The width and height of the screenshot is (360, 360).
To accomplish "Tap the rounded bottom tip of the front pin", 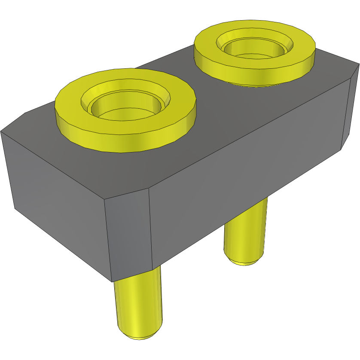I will (138, 335).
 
